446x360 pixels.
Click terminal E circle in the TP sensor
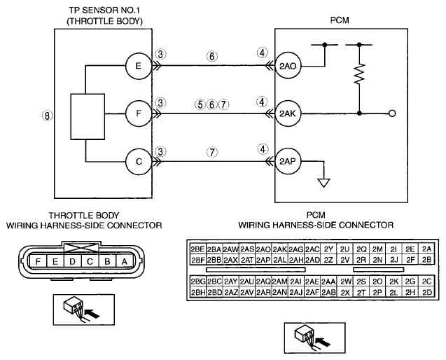click(139, 66)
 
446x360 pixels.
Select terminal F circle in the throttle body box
click(139, 113)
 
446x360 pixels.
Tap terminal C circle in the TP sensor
click(139, 162)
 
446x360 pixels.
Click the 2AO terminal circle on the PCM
click(288, 66)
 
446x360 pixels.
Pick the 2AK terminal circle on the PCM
click(288, 113)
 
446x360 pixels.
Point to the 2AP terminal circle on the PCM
click(288, 162)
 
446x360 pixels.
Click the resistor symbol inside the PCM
click(359, 74)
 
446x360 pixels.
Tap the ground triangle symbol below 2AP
click(324, 183)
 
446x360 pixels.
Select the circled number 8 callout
click(47, 116)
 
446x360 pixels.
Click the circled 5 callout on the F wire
click(200, 104)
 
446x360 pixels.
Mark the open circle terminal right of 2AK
click(392, 113)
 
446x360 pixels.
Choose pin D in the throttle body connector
click(73, 261)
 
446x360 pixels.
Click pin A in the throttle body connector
click(125, 261)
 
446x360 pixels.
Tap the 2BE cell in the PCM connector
click(197, 249)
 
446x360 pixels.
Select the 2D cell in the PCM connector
click(427, 292)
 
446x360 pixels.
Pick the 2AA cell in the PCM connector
click(328, 282)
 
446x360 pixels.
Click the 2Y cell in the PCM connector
click(328, 249)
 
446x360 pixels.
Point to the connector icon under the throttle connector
click(84, 310)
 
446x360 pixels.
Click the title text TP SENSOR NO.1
click(105, 11)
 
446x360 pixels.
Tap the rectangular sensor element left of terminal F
click(88, 116)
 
